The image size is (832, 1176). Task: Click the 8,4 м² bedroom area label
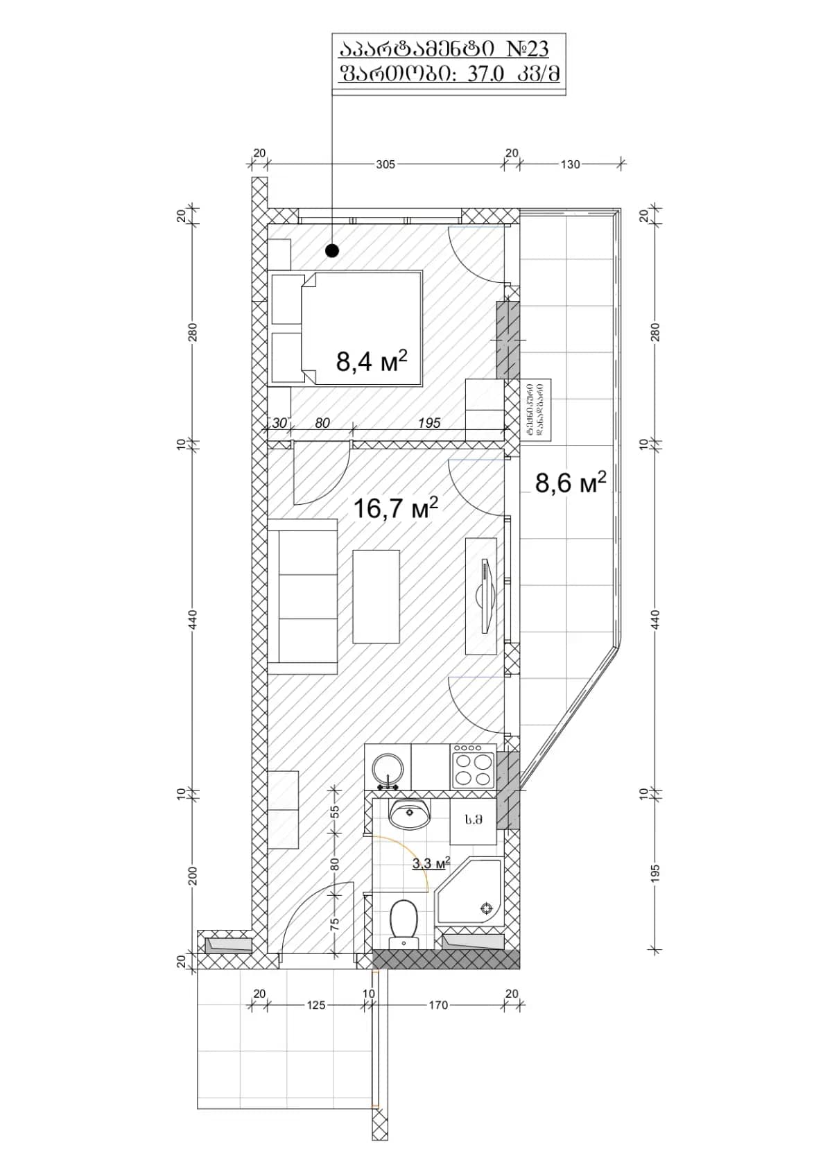click(370, 361)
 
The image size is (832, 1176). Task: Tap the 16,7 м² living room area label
click(395, 508)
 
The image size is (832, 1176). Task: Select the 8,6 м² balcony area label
click(570, 482)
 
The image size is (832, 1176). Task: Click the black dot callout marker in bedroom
click(332, 250)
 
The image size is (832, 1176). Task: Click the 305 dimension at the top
click(385, 164)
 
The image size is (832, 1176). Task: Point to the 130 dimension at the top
click(570, 164)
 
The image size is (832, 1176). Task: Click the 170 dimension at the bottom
click(438, 1005)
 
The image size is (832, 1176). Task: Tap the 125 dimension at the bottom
click(315, 1005)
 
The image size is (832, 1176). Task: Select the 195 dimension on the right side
click(656, 872)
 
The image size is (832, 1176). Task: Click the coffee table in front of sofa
click(376, 596)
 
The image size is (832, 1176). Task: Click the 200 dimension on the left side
click(193, 876)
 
